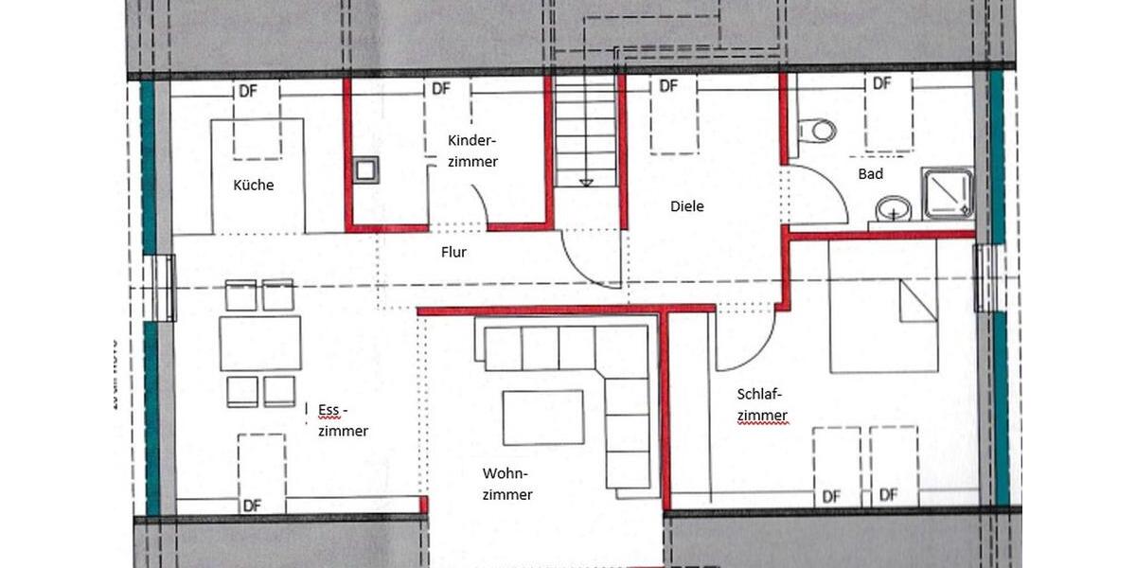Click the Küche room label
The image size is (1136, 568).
pyautogui.click(x=253, y=186)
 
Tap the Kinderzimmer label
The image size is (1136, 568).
pyautogui.click(x=472, y=151)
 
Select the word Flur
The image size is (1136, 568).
pyautogui.click(x=453, y=253)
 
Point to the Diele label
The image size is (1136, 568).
pyautogui.click(x=687, y=206)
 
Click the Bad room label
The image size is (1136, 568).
pyautogui.click(x=870, y=174)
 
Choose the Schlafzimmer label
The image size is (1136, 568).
pyautogui.click(x=762, y=404)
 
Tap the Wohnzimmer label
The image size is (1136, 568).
pyautogui.click(x=506, y=484)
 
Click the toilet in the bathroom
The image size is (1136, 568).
pyautogui.click(x=816, y=130)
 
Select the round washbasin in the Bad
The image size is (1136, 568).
pyautogui.click(x=893, y=207)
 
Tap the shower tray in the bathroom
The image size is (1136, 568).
pyautogui.click(x=948, y=193)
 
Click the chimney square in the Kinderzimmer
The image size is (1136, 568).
pyautogui.click(x=365, y=169)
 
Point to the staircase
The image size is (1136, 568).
pyautogui.click(x=586, y=132)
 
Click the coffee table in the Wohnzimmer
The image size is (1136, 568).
pyautogui.click(x=542, y=417)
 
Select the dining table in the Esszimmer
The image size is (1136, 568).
pyautogui.click(x=260, y=343)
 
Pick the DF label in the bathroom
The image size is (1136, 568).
pyautogui.click(x=882, y=84)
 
